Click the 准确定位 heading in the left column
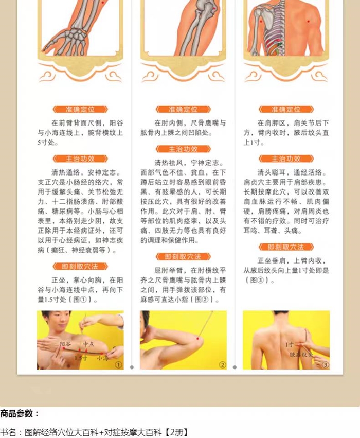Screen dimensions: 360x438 click(80, 109)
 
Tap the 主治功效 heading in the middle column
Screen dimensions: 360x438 click(183, 149)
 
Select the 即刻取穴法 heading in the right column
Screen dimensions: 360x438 click(286, 247)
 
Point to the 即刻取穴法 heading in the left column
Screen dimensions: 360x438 click(80, 266)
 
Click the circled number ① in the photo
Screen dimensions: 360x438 click(119, 364)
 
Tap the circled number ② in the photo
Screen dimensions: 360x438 click(222, 364)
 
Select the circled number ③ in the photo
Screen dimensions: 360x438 click(325, 364)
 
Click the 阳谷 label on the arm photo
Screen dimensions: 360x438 click(65, 344)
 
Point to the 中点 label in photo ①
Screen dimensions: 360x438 click(89, 344)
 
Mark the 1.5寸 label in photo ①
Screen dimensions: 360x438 click(81, 358)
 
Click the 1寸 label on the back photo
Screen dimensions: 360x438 click(290, 344)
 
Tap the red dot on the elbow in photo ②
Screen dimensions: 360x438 click(198, 339)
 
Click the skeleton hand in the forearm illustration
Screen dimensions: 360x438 click(67, 41)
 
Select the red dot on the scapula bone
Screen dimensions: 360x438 click(261, 21)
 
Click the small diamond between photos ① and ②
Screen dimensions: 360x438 click(132, 367)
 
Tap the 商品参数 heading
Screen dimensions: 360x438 click(20, 413)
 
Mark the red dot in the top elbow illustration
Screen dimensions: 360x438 click(214, 9)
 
